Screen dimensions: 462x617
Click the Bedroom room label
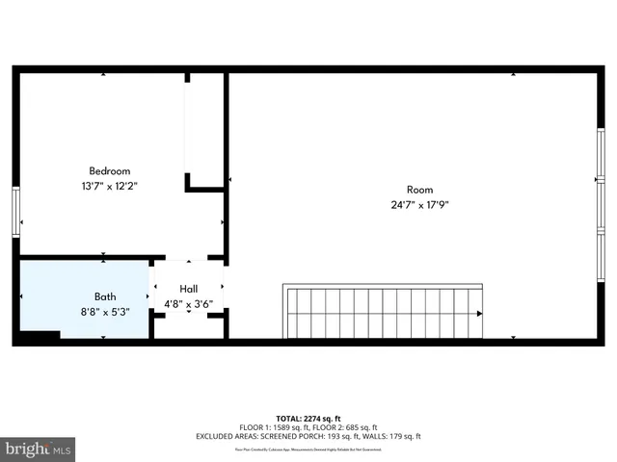(109, 170)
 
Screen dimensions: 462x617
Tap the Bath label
(105, 296)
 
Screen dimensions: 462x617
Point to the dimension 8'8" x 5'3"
(105, 311)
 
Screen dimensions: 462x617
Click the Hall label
(188, 289)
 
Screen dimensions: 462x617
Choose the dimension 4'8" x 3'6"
(188, 303)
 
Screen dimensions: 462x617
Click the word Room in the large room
(419, 190)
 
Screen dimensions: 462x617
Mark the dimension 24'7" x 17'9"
(419, 204)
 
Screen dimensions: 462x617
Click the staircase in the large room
(381, 311)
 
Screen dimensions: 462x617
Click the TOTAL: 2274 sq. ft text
(308, 419)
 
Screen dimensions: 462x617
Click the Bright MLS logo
(39, 449)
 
